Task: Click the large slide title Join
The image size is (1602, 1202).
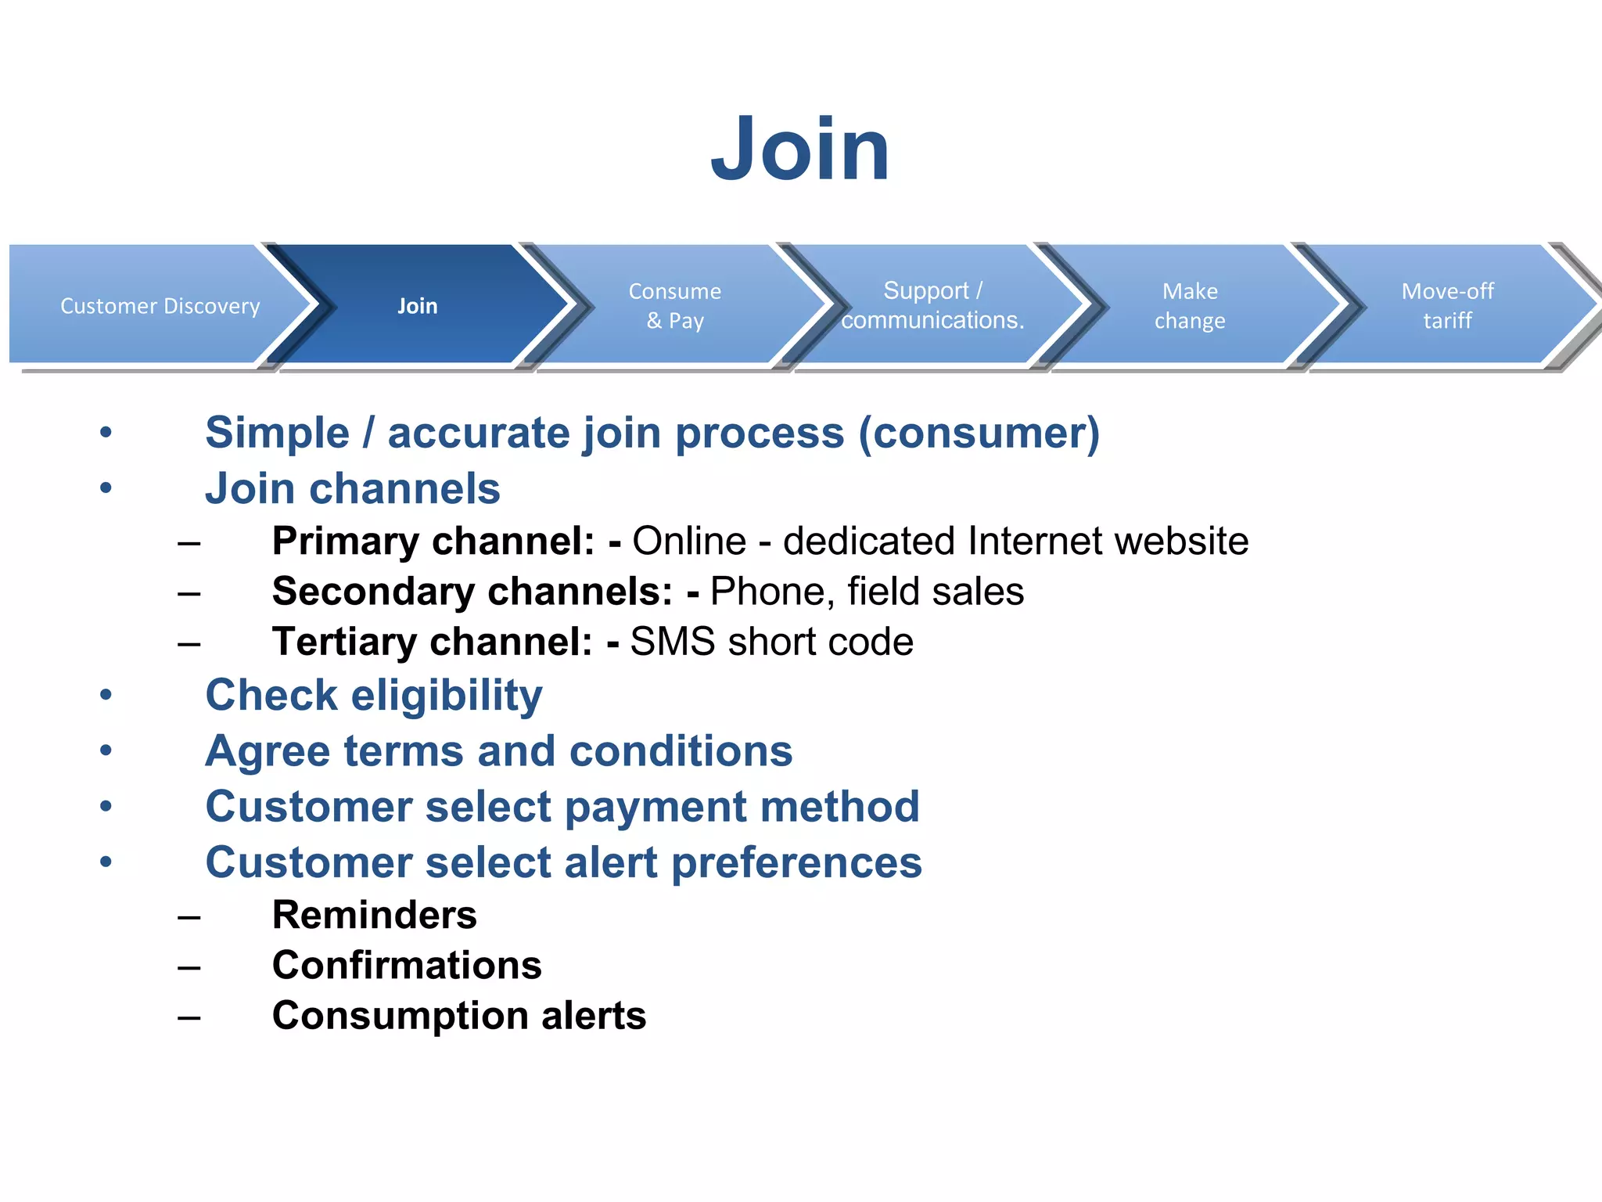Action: tap(799, 149)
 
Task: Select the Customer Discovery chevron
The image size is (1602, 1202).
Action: tap(160, 305)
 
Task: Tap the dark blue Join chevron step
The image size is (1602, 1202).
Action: tap(418, 305)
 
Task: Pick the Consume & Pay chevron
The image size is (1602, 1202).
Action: tap(674, 305)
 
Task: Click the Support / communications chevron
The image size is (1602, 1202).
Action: tap(932, 305)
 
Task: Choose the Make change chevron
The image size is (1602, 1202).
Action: tap(1190, 305)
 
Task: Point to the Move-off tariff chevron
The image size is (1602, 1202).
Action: tap(1447, 305)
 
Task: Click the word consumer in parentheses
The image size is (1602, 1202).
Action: tap(979, 433)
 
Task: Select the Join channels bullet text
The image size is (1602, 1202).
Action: tap(352, 489)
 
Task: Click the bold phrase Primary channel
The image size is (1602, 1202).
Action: tap(433, 541)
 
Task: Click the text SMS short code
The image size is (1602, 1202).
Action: tap(771, 642)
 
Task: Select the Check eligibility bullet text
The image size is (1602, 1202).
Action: tap(373, 695)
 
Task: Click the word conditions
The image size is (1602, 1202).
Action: tap(681, 751)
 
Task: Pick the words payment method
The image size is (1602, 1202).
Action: tap(742, 807)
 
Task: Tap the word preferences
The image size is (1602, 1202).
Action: tap(796, 862)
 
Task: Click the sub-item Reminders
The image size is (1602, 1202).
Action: tap(374, 915)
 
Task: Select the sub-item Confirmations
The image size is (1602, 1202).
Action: tap(407, 965)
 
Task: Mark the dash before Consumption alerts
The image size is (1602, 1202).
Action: tap(189, 1017)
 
